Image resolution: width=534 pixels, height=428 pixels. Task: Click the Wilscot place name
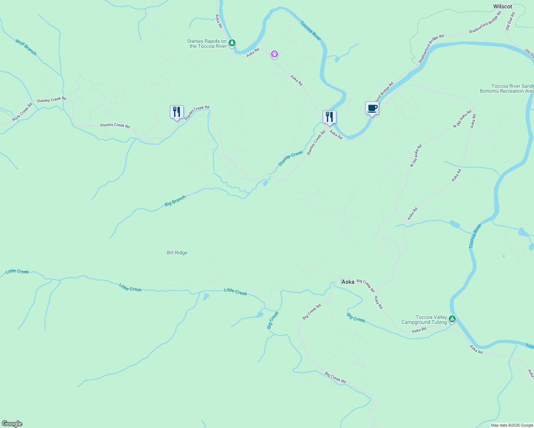[503, 6]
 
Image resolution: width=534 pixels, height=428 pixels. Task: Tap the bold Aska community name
[348, 282]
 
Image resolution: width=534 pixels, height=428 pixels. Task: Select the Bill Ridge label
[177, 253]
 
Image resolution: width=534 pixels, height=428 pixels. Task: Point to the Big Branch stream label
[175, 201]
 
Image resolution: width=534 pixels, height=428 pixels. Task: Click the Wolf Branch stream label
[26, 47]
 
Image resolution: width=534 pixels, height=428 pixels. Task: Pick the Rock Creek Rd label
[22, 112]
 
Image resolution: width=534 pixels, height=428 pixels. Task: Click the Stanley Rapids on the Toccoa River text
[207, 44]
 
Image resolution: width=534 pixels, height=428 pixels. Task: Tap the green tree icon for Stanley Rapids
[232, 43]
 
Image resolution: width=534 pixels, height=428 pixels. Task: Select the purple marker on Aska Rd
[274, 54]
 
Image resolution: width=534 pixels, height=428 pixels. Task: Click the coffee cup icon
[372, 108]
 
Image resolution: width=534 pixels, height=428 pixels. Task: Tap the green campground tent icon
[452, 319]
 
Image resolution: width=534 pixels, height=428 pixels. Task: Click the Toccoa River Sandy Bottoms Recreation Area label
[507, 88]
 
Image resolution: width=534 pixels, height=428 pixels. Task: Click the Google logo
[12, 424]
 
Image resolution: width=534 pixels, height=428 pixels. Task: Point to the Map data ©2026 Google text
[512, 425]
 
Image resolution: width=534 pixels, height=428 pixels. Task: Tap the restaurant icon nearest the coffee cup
[329, 117]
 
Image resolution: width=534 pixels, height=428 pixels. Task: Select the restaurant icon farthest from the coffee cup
[177, 112]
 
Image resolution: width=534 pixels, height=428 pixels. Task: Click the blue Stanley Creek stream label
[291, 158]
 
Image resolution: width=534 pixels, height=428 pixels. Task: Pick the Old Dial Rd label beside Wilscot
[510, 21]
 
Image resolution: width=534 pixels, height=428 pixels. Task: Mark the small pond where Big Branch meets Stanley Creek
[266, 183]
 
